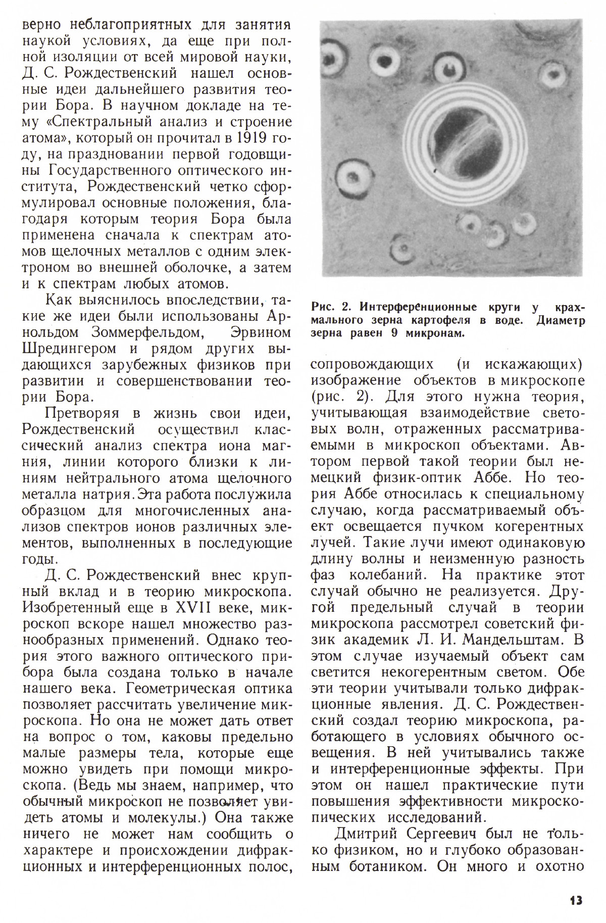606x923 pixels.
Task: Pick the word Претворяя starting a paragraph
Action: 82,414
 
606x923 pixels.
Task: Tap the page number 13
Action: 576,900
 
